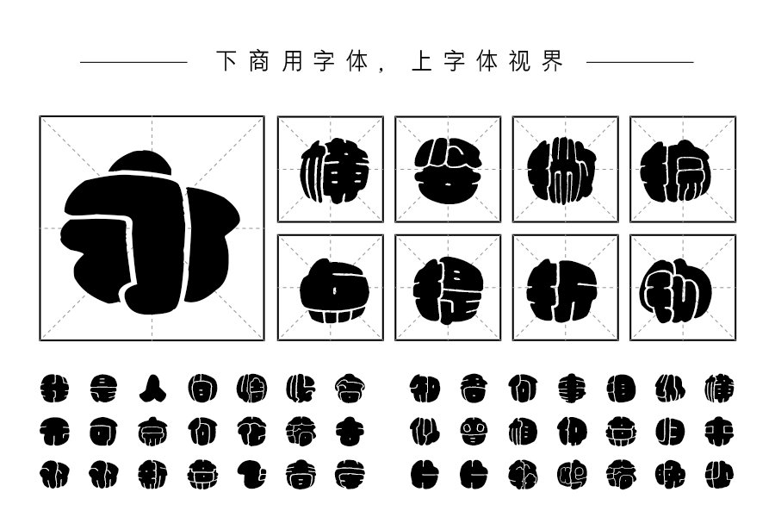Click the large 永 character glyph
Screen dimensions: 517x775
[152, 229]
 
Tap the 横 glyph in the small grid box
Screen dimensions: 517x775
[331, 170]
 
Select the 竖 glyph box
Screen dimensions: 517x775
[448, 170]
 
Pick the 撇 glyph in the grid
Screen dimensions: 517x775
[565, 170]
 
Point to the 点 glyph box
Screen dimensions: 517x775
[331, 288]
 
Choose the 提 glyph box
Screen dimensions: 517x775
[448, 288]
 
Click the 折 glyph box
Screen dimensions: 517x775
[565, 288]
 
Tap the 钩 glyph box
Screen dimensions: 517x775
[682, 288]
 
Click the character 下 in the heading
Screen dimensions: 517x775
[226, 61]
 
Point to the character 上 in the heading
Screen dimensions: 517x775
[422, 61]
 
